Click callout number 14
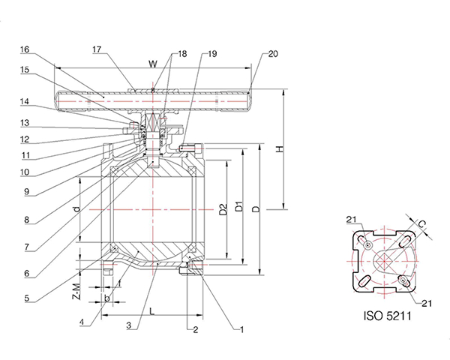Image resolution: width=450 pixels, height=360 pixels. click(x=25, y=100)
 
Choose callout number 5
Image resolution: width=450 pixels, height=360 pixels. click(x=26, y=298)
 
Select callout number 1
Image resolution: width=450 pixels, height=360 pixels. click(x=242, y=328)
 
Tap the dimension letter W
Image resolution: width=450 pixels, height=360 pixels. click(x=154, y=64)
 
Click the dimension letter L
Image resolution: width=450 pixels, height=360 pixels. click(x=151, y=309)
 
